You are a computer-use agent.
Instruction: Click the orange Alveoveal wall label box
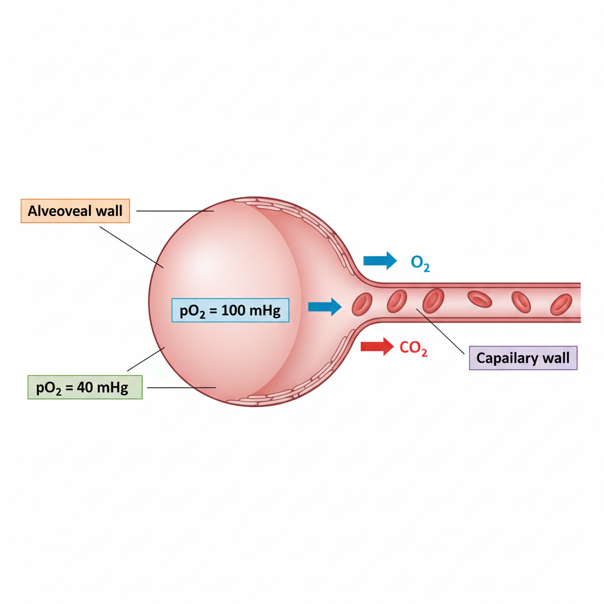coord(75,211)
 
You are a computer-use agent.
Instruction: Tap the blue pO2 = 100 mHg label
coord(231,310)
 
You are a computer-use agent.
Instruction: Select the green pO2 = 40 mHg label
coord(85,387)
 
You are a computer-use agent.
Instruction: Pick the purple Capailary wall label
coord(523,358)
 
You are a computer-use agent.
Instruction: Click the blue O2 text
coord(420,263)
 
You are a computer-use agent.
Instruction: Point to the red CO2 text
coord(413,348)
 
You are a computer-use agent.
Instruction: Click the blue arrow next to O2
coord(380,261)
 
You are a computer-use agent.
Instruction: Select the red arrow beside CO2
coord(377,347)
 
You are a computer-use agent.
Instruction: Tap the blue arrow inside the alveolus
coord(325,307)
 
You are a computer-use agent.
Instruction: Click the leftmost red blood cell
coord(362,304)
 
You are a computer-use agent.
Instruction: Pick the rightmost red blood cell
coord(561,304)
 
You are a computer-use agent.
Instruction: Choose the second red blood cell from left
coord(397,301)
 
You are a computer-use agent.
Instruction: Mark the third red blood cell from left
coord(434,301)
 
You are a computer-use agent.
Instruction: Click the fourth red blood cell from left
coord(480,299)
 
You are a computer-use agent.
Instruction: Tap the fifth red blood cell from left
coord(521,302)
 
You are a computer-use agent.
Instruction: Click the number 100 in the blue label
coord(234,310)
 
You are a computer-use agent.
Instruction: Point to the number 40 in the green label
coord(85,387)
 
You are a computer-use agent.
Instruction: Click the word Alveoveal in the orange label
coord(60,211)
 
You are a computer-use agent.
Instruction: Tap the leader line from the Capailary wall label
coord(440,331)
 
